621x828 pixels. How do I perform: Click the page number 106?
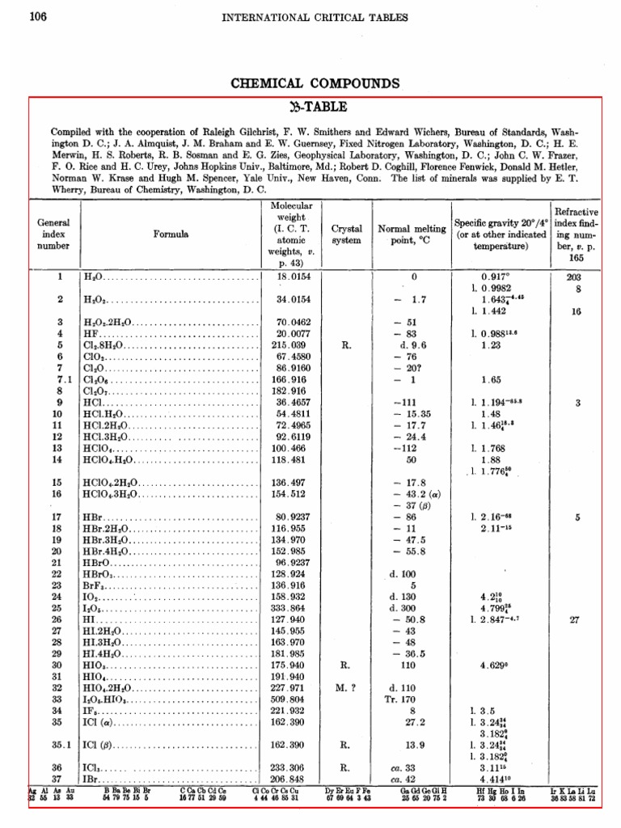(x=38, y=17)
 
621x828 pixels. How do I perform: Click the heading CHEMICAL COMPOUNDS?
(x=315, y=83)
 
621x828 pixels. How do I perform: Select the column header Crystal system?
(x=346, y=234)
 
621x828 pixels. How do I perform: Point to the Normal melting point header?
(x=412, y=234)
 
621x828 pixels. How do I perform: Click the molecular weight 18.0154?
(x=294, y=277)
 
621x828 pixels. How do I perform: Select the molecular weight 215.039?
(x=294, y=344)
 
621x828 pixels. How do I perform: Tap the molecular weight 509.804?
(x=294, y=699)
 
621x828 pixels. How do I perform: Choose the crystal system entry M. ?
(x=346, y=688)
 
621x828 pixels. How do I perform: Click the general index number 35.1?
(x=58, y=745)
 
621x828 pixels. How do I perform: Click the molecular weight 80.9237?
(x=294, y=516)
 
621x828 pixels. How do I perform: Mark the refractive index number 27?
(x=575, y=619)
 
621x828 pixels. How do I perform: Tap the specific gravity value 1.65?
(x=490, y=378)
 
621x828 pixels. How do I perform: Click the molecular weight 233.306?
(x=294, y=768)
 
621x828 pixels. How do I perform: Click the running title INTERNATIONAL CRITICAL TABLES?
(x=315, y=17)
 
